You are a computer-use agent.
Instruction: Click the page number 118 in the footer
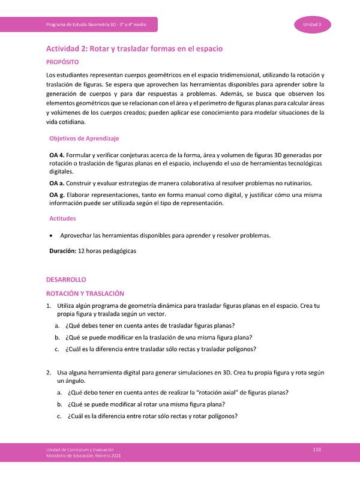[317, 449]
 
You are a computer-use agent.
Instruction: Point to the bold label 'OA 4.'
[57, 155]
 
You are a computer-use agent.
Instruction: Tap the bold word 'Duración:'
[62, 251]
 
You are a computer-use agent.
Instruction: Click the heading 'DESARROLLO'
[66, 280]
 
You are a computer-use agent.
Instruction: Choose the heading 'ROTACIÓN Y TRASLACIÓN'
[85, 293]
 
